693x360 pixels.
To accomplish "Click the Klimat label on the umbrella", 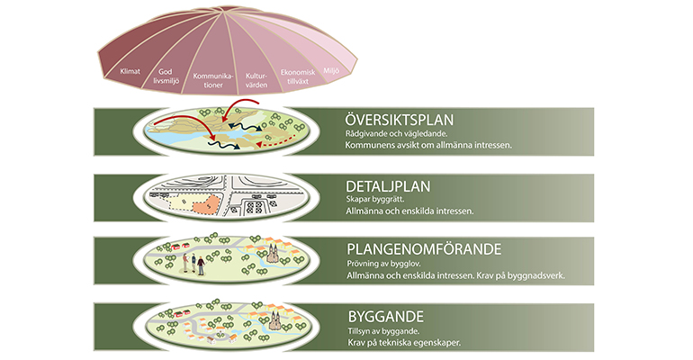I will point(130,69).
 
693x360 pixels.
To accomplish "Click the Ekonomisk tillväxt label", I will point(298,75).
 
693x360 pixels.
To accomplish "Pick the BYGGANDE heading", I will point(385,316).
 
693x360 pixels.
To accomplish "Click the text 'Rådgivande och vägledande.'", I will point(394,133).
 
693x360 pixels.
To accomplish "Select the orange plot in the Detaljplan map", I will point(203,204).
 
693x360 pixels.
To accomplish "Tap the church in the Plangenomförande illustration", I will point(273,256).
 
